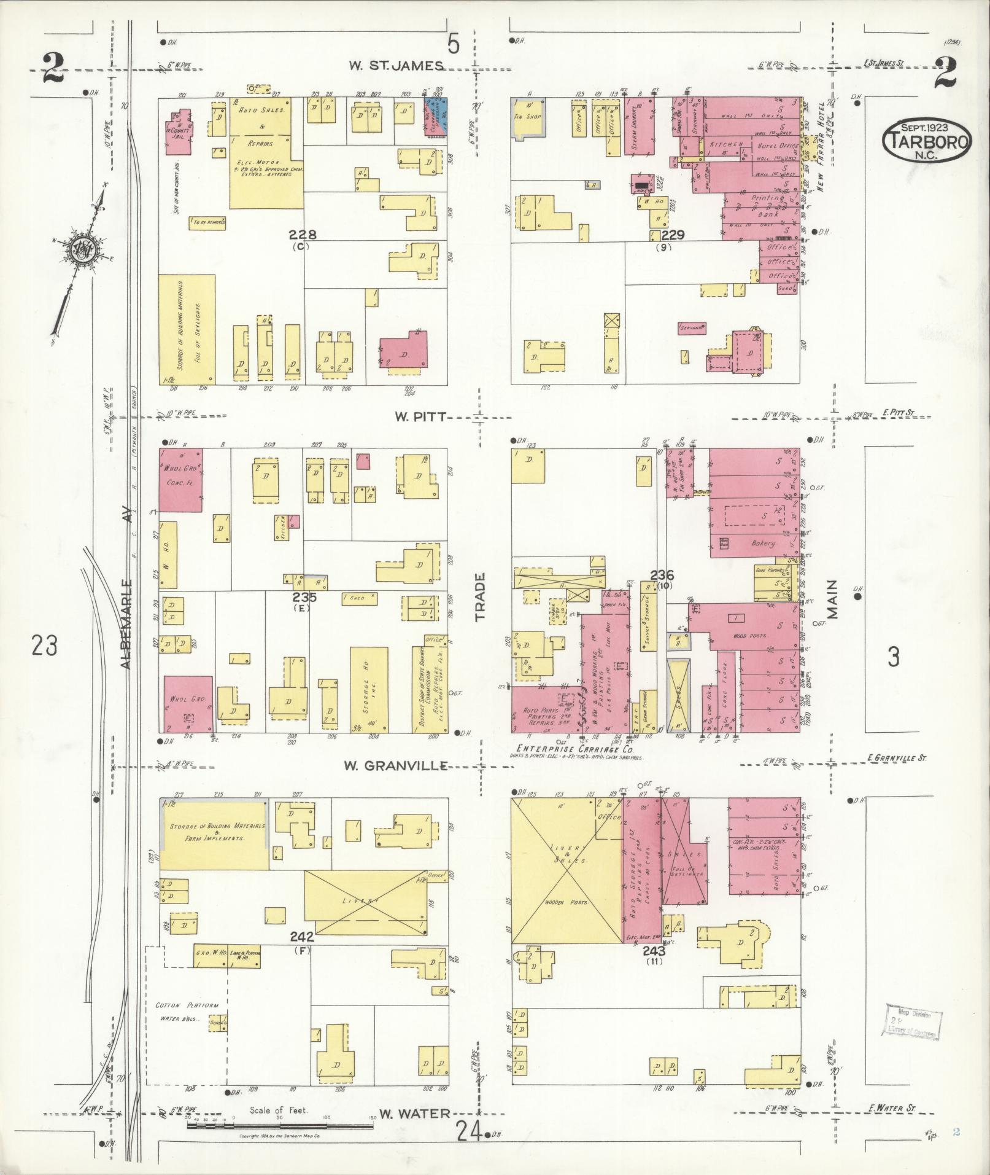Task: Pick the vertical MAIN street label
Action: (833, 599)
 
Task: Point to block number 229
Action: (668, 235)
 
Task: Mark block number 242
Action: (303, 954)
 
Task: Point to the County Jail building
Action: (178, 129)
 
